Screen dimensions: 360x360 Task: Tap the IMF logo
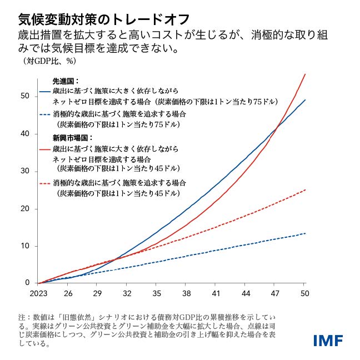tap(328, 340)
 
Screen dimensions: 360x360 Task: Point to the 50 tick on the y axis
tap(25, 96)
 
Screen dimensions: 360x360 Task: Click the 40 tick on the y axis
tap(25, 133)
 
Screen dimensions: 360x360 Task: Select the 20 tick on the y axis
tap(25, 208)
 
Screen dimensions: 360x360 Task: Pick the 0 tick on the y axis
tap(27, 283)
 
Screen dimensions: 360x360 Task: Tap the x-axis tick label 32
tap(127, 293)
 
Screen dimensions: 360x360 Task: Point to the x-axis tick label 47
tap(275, 293)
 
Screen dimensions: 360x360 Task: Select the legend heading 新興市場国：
tap(71, 138)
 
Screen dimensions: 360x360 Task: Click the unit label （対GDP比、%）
tap(49, 61)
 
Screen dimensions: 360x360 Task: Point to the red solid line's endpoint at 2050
tap(305, 74)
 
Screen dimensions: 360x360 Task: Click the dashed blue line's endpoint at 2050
tap(305, 233)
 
